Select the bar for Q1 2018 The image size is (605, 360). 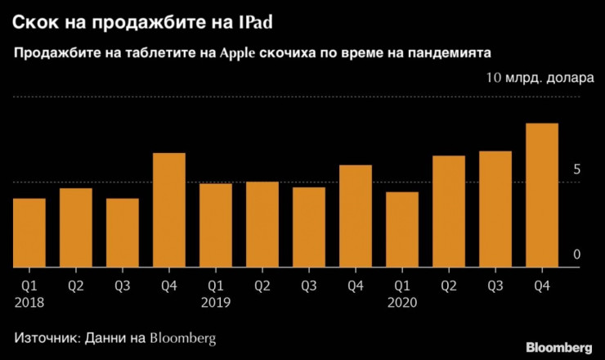tap(29, 232)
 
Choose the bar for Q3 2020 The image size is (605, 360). tap(495, 209)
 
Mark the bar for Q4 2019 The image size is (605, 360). tap(356, 216)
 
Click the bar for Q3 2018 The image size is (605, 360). tap(123, 232)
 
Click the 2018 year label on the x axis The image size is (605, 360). tap(29, 302)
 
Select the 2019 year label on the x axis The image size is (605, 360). tap(216, 302)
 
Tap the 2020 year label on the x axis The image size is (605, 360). tap(402, 302)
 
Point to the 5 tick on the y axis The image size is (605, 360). tap(576, 170)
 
